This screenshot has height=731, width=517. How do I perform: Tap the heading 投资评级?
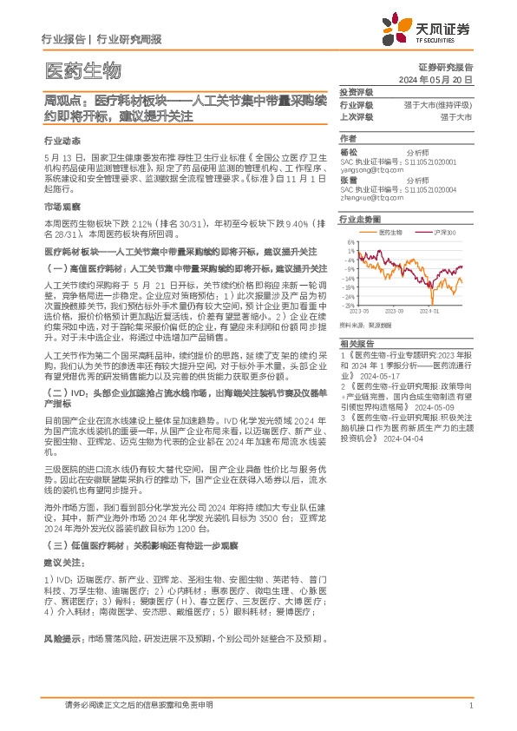356,91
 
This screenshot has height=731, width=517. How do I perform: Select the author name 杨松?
349,151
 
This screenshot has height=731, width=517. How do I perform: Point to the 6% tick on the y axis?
350,242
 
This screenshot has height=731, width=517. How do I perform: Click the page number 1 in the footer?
469,706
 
